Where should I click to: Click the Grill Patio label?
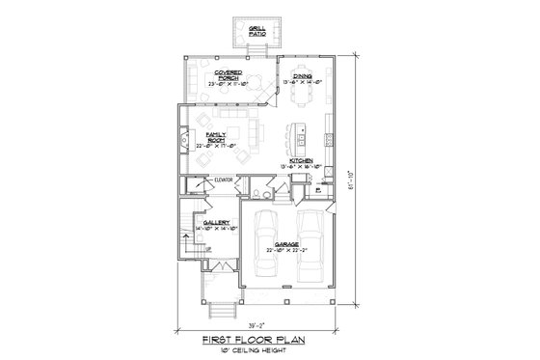coord(256,31)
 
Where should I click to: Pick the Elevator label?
coord(226,180)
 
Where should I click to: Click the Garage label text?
coord(286,245)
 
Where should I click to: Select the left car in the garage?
coord(264,246)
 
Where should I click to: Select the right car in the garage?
coord(310,246)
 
